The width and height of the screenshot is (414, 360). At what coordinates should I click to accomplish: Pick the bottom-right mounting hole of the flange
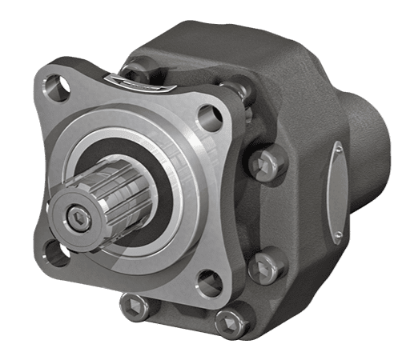click(x=206, y=280)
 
